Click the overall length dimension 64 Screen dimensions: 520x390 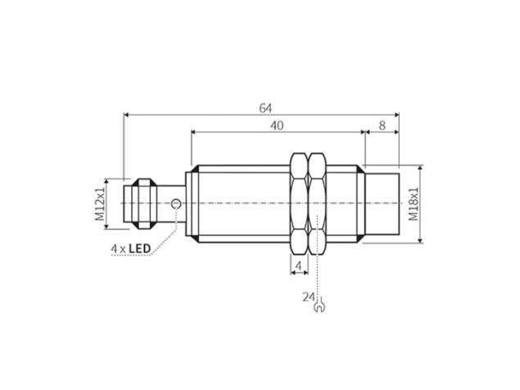pos(265,108)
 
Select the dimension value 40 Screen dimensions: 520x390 pos(277,125)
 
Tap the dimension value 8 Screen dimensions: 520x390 pos(382,125)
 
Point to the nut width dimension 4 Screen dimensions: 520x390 pos(298,265)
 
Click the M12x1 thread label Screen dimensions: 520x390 pos(100,204)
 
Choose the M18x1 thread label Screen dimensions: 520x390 pos(414,204)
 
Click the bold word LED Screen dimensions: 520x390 pos(139,248)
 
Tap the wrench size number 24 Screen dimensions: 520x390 pos(309,297)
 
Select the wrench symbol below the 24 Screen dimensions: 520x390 pos(319,306)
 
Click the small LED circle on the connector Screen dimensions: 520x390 pos(176,203)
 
